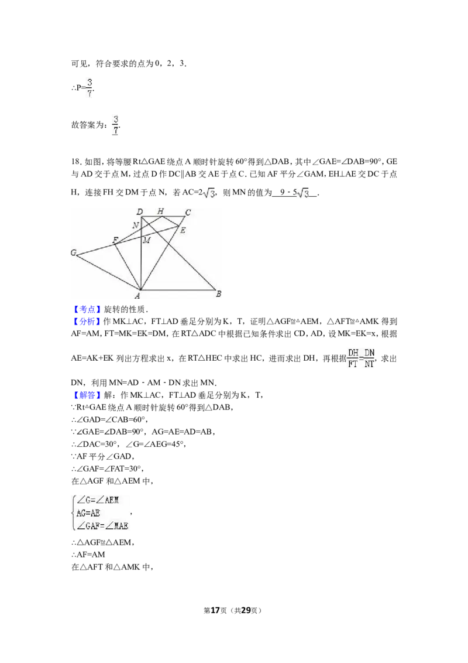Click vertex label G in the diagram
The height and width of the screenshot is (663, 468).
tap(74, 253)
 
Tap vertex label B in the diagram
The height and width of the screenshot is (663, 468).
tap(218, 293)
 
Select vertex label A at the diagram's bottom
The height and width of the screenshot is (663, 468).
tap(137, 296)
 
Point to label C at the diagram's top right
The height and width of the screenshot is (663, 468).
tap(188, 212)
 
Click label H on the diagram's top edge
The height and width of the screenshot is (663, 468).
tap(160, 211)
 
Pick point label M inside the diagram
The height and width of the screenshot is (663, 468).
tap(147, 240)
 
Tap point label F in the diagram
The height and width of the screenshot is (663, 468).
tap(115, 240)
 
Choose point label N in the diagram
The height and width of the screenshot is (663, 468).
tap(136, 225)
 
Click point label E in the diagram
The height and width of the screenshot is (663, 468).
tap(183, 230)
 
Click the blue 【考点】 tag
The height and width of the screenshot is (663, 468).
tap(87, 309)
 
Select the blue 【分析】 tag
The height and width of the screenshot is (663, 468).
tap(87, 322)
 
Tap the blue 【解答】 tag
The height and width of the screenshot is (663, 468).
tap(87, 395)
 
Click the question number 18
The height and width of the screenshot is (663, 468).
tap(75, 162)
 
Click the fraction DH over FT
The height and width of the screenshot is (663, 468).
tap(353, 358)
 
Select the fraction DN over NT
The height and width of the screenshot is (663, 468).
tap(370, 358)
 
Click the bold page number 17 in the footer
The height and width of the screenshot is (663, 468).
tap(215, 610)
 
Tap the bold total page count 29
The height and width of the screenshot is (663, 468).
tap(246, 610)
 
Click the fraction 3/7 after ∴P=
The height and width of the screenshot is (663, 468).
tap(90, 87)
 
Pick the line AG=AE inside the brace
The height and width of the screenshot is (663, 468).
tap(88, 513)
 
